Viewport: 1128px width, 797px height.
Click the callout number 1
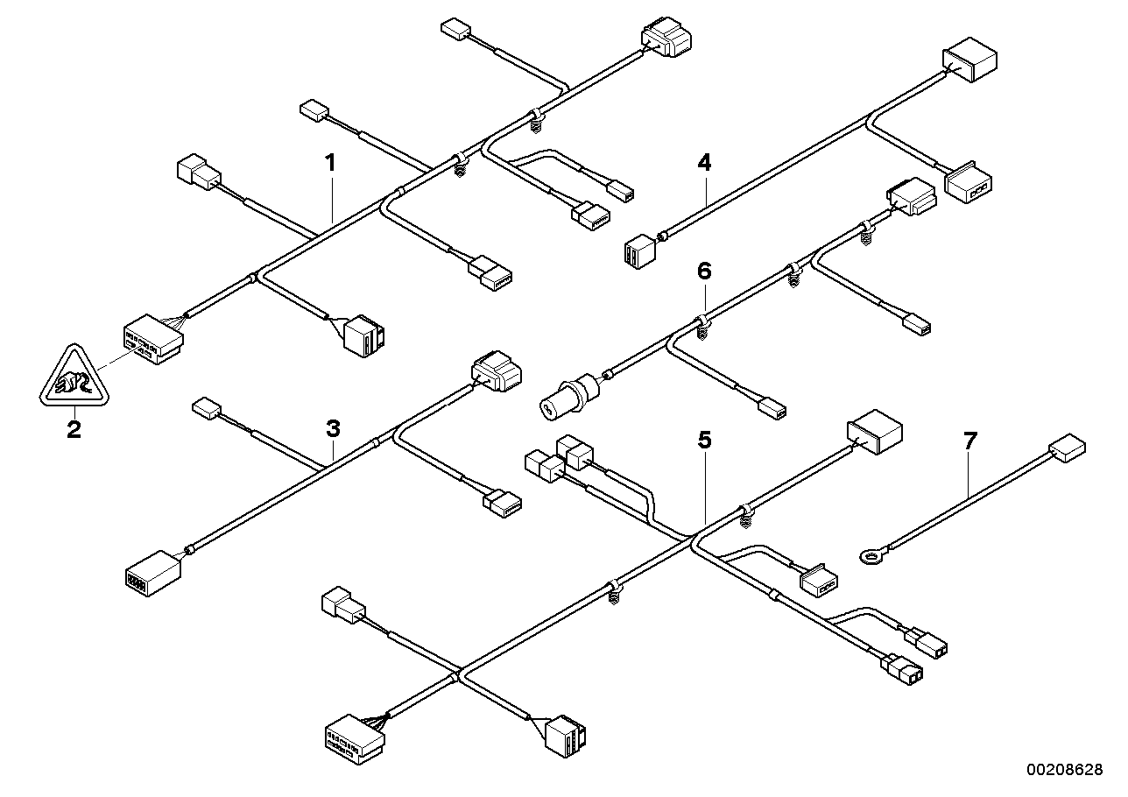pos(330,162)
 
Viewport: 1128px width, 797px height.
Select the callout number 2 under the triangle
pos(74,429)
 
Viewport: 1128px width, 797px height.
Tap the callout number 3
pos(332,428)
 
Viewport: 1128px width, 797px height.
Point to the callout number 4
pos(705,162)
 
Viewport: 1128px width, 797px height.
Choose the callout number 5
pos(705,440)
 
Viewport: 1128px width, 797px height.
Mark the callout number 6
pos(705,271)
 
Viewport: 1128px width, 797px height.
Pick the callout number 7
pos(969,441)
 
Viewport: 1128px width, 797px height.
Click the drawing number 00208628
pos(1065,770)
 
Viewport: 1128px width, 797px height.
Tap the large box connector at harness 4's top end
pos(969,60)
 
